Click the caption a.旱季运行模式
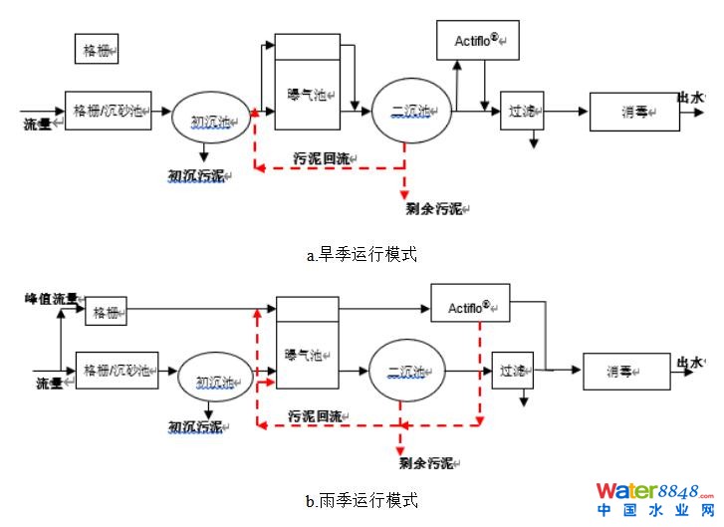pos(362,254)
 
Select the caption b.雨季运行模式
pos(362,498)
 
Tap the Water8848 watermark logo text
pos(653,492)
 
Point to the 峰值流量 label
pos(50,298)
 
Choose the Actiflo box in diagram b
pos(470,303)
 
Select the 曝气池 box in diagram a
pos(307,94)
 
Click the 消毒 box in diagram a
pos(634,112)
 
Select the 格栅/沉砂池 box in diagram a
pos(108,109)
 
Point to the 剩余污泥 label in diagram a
pos(435,209)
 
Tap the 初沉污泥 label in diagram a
pos(196,176)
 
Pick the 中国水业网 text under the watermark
pos(653,511)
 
